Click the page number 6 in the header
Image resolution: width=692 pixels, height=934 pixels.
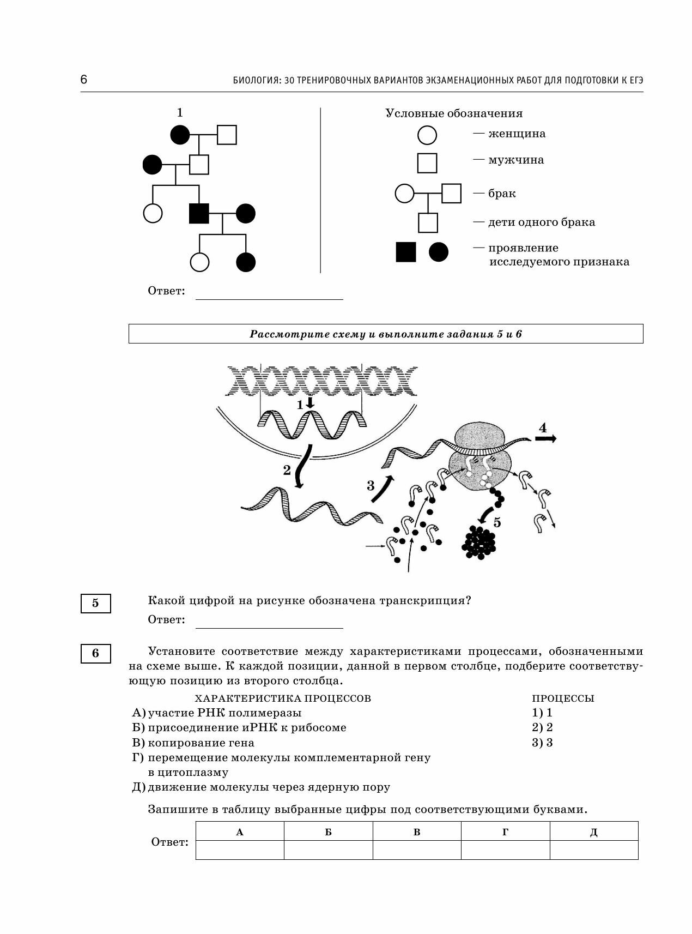tap(84, 80)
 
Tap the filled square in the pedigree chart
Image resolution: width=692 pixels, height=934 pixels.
tap(199, 213)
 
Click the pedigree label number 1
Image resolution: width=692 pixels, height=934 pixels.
tap(180, 112)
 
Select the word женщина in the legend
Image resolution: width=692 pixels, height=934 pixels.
tap(517, 134)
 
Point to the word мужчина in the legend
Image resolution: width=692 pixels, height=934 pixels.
tap(516, 160)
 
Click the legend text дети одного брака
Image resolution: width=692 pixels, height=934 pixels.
tap(541, 222)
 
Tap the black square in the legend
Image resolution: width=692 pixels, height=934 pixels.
tap(405, 252)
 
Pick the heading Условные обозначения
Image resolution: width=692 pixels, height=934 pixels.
tap(454, 113)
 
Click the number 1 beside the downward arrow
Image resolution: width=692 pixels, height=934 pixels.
tap(300, 405)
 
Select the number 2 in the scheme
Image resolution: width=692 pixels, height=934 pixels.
tap(287, 470)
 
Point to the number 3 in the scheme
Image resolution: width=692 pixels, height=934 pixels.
tap(371, 485)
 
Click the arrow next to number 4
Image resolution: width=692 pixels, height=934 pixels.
tap(545, 439)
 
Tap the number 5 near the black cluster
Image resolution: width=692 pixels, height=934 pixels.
tap(497, 522)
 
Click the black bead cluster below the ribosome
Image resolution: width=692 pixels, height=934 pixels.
tap(479, 543)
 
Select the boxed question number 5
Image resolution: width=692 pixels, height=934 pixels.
tap(96, 603)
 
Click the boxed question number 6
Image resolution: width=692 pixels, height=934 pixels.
tap(96, 653)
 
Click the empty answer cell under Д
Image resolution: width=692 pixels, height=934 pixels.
tap(593, 850)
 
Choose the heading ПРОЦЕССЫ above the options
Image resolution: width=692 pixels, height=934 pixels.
tap(563, 698)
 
